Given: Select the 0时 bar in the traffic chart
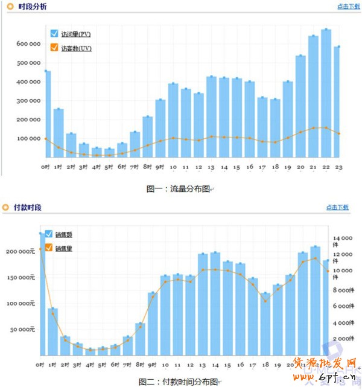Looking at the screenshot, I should click(x=46, y=114).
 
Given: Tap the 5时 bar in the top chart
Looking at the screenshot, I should click(x=109, y=152).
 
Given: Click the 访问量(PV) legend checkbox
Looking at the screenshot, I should click(x=54, y=34).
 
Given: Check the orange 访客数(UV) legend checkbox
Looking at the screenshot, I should click(x=54, y=48).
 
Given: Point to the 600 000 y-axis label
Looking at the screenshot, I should click(x=28, y=43).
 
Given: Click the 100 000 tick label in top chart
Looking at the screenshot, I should click(x=28, y=138).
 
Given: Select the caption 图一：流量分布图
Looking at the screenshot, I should click(x=179, y=188).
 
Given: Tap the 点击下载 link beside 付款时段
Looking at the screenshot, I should click(x=337, y=207).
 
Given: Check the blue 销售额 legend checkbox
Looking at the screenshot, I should click(x=49, y=234).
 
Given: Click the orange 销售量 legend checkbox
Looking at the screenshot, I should click(x=49, y=247).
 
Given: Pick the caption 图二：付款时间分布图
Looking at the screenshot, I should click(x=179, y=382).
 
